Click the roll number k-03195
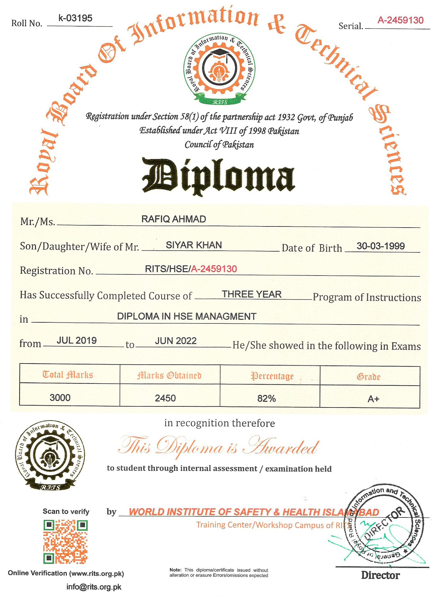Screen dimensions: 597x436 click(75, 18)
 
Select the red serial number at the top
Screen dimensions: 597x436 click(400, 20)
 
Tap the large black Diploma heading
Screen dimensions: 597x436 click(218, 176)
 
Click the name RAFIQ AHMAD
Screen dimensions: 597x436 click(174, 219)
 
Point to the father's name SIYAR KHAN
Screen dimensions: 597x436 click(194, 245)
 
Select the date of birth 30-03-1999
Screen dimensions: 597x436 click(380, 246)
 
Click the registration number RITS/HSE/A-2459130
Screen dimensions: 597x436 click(191, 269)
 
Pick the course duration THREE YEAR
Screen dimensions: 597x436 click(252, 294)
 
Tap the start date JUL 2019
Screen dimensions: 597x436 click(77, 340)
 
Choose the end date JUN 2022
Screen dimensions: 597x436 click(176, 341)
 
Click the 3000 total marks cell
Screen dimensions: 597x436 click(60, 398)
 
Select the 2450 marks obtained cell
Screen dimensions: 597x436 click(165, 398)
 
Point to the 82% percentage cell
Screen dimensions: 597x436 click(266, 398)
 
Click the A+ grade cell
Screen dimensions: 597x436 click(373, 399)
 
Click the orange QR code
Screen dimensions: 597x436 click(65, 542)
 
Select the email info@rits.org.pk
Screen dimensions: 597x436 click(94, 587)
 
